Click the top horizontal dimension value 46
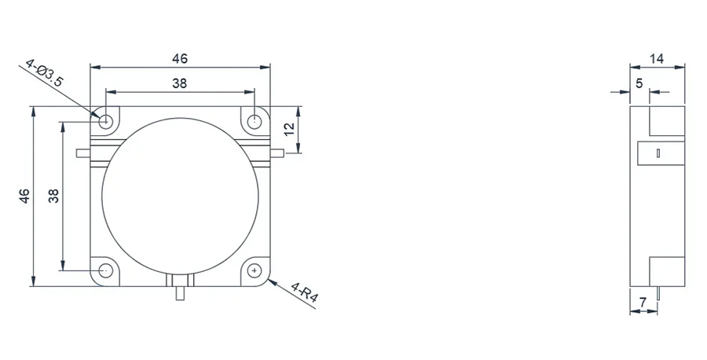tap(179, 59)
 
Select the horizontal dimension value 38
tap(179, 83)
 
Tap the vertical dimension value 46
tap(24, 196)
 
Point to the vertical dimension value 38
tap(53, 196)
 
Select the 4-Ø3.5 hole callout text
tap(44, 72)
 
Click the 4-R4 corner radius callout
tap(305, 292)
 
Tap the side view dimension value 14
tap(657, 59)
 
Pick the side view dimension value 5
tap(639, 83)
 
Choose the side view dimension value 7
tap(643, 303)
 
